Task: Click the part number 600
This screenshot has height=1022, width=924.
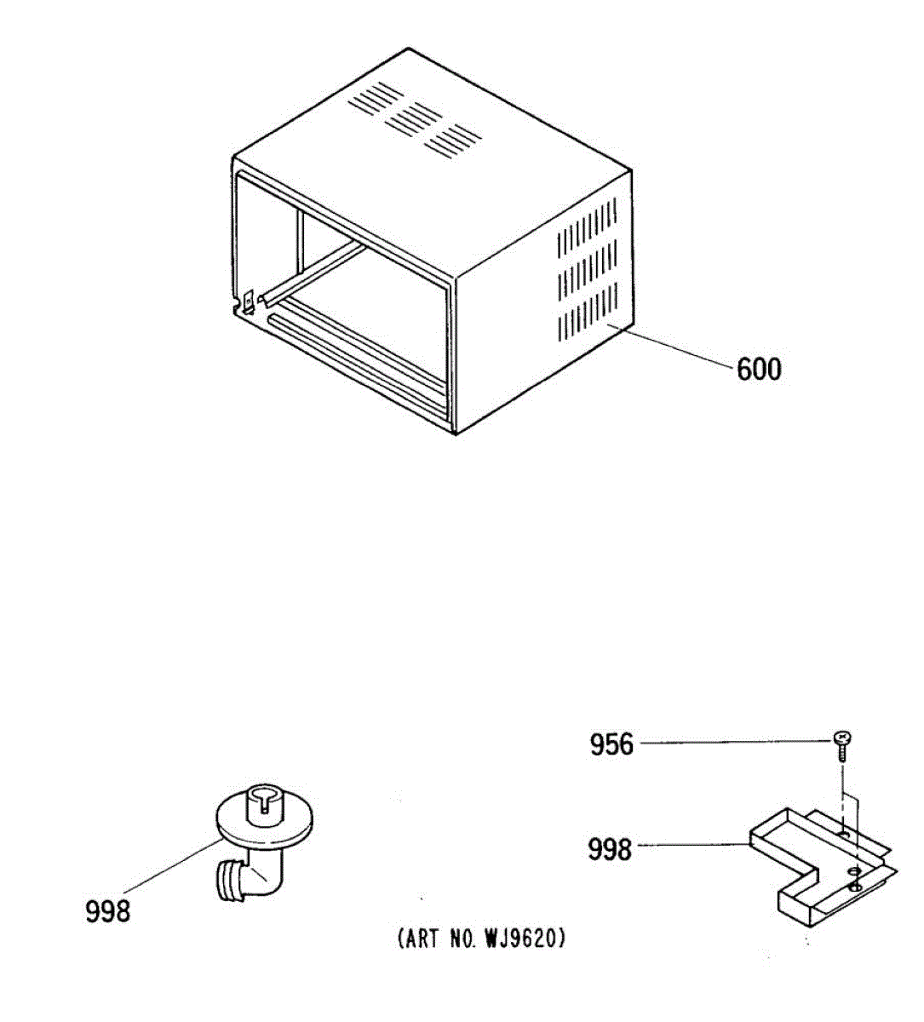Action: point(758,370)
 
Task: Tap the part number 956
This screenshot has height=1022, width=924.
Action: point(611,745)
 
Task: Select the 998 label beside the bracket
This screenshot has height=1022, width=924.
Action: point(610,849)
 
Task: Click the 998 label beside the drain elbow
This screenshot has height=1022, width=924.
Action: point(107,911)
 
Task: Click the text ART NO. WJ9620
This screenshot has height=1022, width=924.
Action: point(480,939)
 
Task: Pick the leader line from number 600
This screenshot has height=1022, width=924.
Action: point(673,350)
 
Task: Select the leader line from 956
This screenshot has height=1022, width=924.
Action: point(732,744)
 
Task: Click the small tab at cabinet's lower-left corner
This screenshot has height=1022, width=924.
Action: point(248,302)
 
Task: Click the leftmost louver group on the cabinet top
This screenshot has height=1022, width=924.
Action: point(375,100)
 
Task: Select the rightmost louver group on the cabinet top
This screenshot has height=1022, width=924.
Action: point(456,140)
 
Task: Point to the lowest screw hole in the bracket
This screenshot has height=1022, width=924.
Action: point(855,889)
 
